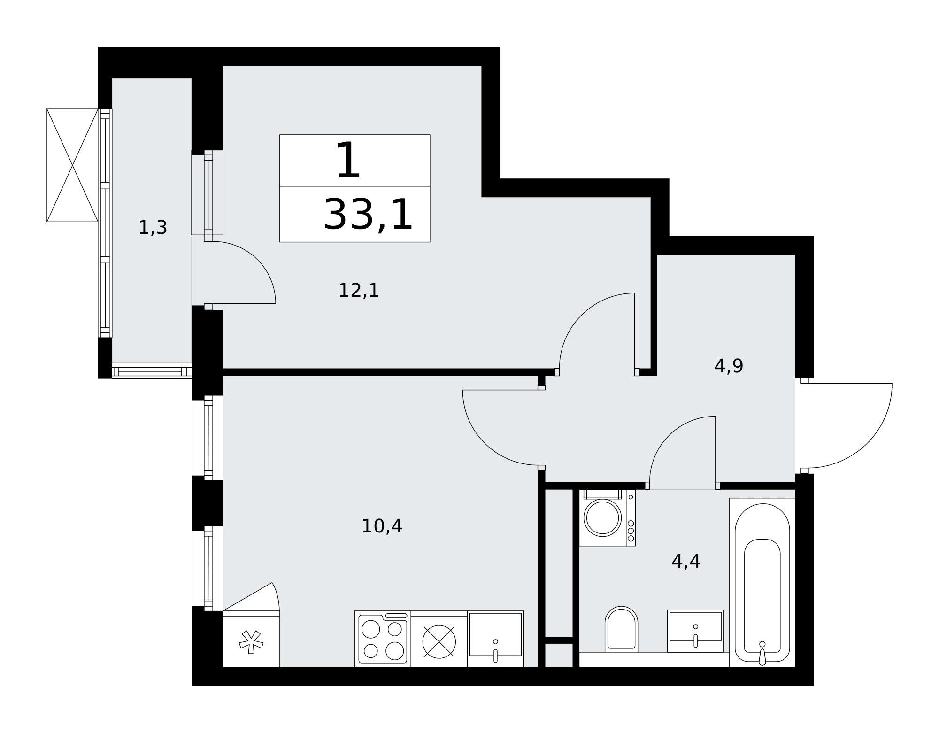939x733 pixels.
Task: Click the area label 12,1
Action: (359, 291)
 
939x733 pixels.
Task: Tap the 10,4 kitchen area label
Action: (382, 526)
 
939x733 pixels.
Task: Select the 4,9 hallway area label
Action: (729, 366)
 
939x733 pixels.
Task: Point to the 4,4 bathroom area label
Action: (686, 561)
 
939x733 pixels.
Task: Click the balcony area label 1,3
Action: (153, 228)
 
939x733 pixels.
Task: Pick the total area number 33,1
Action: (368, 215)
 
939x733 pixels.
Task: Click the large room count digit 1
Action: (348, 161)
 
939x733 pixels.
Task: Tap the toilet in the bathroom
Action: (621, 629)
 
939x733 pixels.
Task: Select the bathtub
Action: (762, 582)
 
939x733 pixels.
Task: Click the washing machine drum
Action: (602, 517)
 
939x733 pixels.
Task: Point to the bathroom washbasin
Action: (695, 631)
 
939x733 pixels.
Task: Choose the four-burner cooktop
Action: (383, 639)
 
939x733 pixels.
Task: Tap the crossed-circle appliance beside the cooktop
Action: (439, 642)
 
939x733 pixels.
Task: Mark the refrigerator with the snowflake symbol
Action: (251, 639)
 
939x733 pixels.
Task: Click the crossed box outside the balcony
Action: (72, 165)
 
